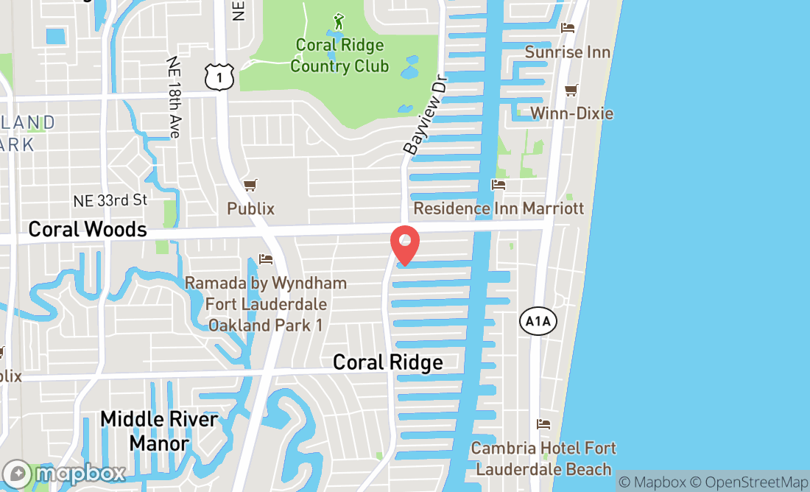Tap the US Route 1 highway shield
219,77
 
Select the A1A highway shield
538,321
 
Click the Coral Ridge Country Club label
339,55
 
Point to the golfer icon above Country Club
339,21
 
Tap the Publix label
250,208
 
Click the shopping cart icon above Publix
250,185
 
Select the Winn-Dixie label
571,113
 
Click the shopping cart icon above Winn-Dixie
571,90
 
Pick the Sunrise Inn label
567,52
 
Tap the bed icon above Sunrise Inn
567,28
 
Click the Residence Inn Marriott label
499,208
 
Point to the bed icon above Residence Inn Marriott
499,185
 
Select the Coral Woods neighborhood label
88,229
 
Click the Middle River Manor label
159,431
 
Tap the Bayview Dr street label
425,118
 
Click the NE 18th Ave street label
174,97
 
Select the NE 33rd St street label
110,200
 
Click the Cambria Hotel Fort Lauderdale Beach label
543,458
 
